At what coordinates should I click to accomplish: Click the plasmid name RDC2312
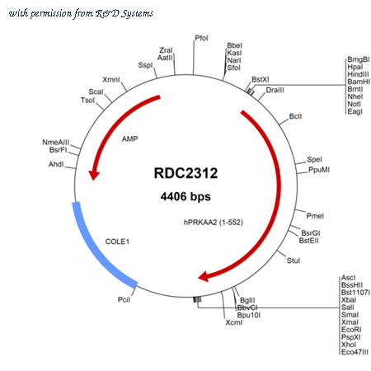[x=185, y=173]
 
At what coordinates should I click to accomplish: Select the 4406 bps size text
[x=185, y=196]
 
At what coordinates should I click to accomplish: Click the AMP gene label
[x=129, y=139]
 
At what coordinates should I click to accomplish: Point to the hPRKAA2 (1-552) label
[x=214, y=223]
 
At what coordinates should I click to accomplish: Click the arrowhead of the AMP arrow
[x=94, y=175]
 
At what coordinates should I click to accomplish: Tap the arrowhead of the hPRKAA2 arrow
[x=204, y=276]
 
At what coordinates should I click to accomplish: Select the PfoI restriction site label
[x=201, y=38]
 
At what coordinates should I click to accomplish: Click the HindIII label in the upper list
[x=358, y=74]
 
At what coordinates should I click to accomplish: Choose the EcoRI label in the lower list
[x=351, y=330]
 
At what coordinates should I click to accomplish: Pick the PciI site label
[x=124, y=299]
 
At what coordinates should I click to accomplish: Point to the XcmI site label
[x=234, y=322]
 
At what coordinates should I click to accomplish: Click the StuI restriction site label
[x=294, y=261]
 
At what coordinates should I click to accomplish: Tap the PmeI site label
[x=315, y=216]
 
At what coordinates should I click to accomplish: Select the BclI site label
[x=295, y=116]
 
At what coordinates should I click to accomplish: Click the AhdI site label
[x=56, y=164]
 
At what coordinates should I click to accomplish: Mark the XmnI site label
[x=111, y=80]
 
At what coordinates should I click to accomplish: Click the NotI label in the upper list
[x=354, y=104]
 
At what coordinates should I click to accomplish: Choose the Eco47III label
[x=355, y=352]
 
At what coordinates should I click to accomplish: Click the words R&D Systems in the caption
[x=124, y=13]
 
